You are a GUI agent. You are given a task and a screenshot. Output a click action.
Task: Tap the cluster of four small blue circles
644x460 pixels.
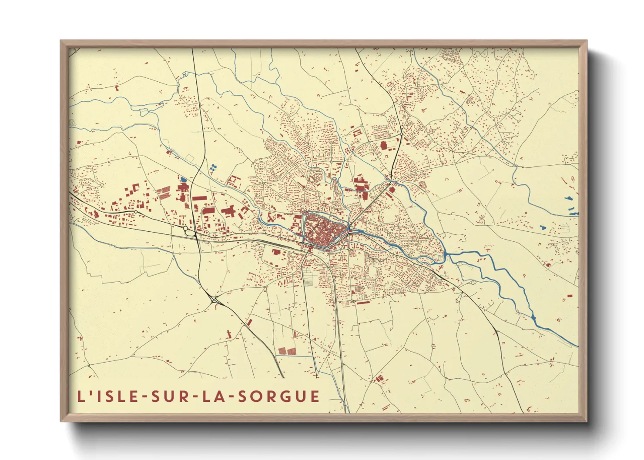[x=213, y=168]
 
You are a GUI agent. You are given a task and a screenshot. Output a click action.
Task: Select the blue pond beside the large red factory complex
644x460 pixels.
[x=183, y=179]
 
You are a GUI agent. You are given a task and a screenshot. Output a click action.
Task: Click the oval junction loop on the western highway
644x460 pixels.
[x=189, y=230]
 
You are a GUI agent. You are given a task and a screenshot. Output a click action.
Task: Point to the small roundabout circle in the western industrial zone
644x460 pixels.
[x=136, y=212]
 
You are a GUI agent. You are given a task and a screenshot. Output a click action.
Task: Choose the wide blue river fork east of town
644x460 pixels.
[x=448, y=255]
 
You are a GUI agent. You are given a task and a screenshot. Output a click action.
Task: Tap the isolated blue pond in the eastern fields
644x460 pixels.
[x=543, y=227]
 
